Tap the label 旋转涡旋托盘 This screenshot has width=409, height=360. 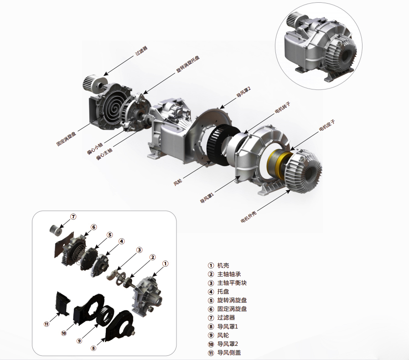[x=188, y=64]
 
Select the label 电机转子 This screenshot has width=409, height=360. [x=283, y=108]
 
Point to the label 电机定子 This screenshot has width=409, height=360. [x=327, y=125]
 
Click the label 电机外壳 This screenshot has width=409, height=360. [x=249, y=217]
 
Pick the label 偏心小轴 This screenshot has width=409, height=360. [x=95, y=148]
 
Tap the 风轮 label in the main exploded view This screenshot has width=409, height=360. [x=178, y=182]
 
